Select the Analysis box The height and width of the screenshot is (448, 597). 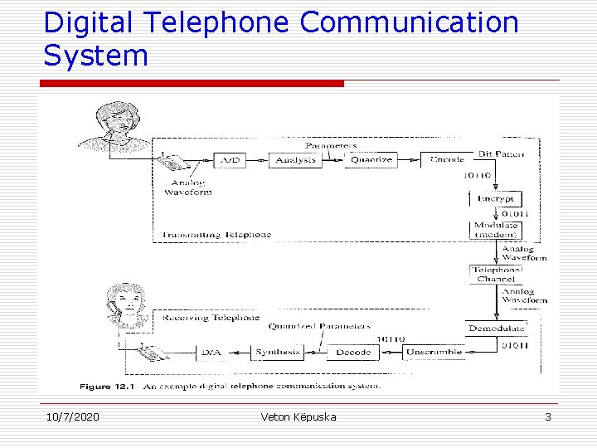point(295,159)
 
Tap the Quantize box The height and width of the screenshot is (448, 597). point(371,159)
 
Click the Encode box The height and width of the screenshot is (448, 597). point(447,159)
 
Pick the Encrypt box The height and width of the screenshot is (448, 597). point(496,199)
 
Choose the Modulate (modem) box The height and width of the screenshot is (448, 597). point(496,230)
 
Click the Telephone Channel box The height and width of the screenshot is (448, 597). point(496,275)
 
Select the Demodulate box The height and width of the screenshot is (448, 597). point(496,329)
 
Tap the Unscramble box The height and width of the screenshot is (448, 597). point(434,353)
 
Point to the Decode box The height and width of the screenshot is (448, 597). point(353,353)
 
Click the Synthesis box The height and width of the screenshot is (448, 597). point(278,353)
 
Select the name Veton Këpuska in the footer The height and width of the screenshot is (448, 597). point(298,416)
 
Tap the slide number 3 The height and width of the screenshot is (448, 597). point(547,416)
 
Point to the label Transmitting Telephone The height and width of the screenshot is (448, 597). point(217,235)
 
